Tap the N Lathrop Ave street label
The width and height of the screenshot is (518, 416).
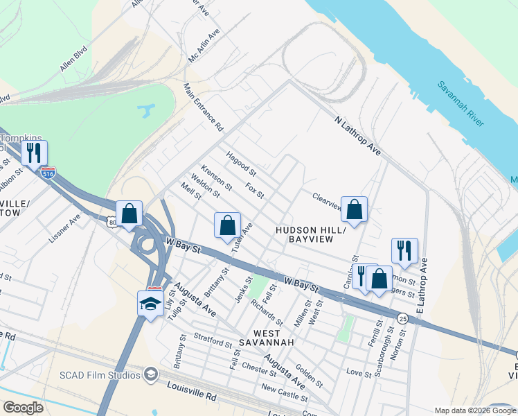(x=357, y=135)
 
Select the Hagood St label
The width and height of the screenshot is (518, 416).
(x=240, y=164)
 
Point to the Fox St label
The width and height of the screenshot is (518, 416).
(x=255, y=190)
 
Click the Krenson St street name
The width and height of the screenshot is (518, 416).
(x=215, y=178)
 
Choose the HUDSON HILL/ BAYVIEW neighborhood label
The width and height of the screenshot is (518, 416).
(x=305, y=234)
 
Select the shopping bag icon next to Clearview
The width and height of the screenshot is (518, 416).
(x=354, y=209)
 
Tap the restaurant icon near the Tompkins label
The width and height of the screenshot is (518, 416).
(x=34, y=152)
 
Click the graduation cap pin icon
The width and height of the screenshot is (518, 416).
(x=150, y=303)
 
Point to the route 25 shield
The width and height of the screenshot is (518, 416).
(x=402, y=318)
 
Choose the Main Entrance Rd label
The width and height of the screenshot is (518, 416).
(x=203, y=108)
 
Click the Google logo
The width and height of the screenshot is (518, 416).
(x=23, y=408)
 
